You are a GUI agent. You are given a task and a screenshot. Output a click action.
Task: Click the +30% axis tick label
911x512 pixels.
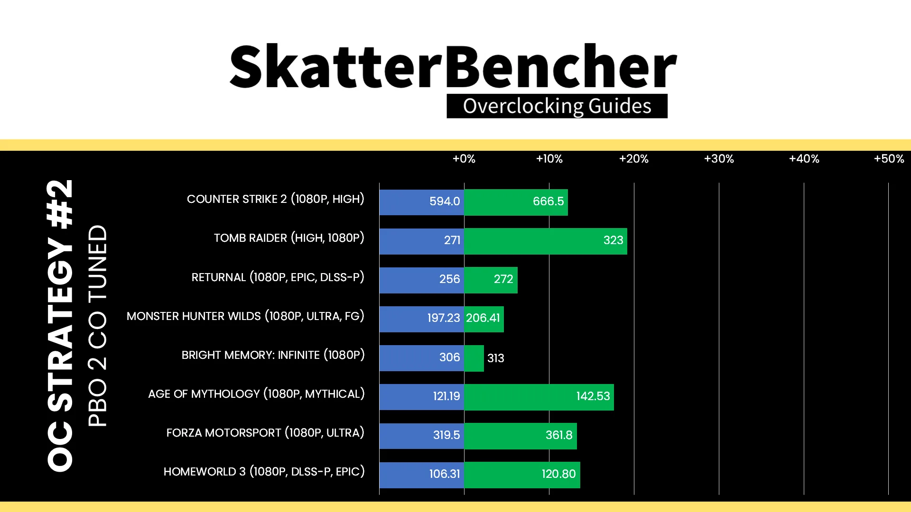click(x=719, y=159)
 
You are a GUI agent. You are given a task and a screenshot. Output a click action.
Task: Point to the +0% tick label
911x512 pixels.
click(x=464, y=159)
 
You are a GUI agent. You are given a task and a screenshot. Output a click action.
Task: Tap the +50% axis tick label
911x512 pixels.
click(x=889, y=159)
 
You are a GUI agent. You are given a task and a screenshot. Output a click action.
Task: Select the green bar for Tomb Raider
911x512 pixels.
click(x=546, y=241)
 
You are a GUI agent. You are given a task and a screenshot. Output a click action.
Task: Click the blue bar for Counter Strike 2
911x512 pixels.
click(x=422, y=202)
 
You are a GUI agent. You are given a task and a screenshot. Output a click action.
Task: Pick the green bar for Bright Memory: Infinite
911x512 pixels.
click(x=474, y=358)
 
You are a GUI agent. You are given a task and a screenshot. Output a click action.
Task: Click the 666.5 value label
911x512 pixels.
click(x=548, y=201)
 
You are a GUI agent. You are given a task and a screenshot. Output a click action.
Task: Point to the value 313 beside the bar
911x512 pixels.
click(x=496, y=358)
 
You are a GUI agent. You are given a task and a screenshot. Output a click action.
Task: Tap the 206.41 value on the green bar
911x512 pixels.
click(x=483, y=318)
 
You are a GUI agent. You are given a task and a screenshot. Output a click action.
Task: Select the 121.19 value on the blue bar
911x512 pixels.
click(x=446, y=396)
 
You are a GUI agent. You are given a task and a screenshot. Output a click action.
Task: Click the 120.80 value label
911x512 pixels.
click(x=559, y=474)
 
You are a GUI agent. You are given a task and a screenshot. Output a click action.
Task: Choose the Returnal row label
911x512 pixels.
click(x=278, y=277)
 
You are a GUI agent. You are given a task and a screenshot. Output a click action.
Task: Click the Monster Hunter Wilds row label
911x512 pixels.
click(x=246, y=316)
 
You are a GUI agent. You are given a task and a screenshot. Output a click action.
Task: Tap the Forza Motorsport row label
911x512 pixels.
click(x=266, y=433)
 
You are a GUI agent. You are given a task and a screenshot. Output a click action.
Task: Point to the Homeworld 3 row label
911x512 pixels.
click(x=264, y=472)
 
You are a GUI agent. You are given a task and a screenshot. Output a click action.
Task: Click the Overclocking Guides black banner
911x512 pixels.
click(x=557, y=106)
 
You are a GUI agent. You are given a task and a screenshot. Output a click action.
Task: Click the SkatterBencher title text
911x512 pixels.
click(x=453, y=66)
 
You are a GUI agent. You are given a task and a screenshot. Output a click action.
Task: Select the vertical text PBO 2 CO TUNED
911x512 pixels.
click(x=98, y=326)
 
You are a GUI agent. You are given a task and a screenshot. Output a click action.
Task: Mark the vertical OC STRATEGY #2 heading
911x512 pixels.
click(x=60, y=326)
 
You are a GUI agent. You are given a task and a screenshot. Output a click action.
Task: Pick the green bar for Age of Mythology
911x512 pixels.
click(x=539, y=397)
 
